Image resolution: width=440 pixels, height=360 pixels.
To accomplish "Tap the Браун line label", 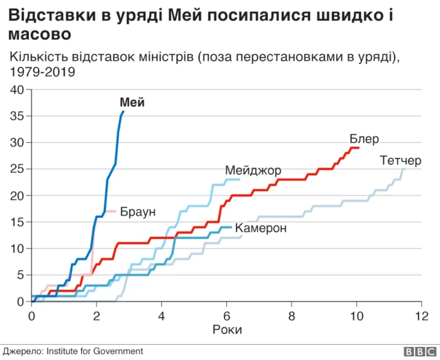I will point(137,212).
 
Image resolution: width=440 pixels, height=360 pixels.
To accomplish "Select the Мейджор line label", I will point(252,170).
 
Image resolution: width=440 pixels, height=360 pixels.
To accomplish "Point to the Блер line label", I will point(364,139).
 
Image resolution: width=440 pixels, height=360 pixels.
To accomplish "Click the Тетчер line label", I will point(399,161).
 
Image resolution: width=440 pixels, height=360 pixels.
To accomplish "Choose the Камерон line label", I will point(260,228).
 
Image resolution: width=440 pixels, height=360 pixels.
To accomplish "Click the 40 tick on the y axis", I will point(17,90).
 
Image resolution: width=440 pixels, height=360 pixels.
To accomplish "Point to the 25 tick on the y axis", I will point(17,169).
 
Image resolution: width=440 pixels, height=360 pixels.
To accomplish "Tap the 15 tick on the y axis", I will point(17,222).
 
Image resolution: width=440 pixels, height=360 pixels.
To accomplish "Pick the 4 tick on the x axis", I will point(161,315).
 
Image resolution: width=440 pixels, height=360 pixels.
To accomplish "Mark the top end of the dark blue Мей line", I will point(123,111).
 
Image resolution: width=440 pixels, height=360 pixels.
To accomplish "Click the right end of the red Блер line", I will point(359,148).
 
